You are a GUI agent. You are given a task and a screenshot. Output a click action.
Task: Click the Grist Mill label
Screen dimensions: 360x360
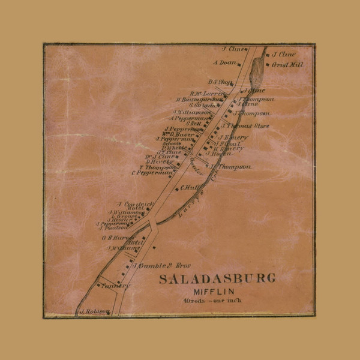[x=283, y=64]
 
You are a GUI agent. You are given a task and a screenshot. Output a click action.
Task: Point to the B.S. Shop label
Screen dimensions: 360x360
[x=220, y=82]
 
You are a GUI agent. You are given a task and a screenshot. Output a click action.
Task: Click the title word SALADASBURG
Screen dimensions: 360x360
[x=217, y=278]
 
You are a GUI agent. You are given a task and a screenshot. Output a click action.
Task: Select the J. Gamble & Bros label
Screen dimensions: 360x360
[x=158, y=265]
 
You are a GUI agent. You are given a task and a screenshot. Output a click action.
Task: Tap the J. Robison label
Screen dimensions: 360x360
[x=94, y=311]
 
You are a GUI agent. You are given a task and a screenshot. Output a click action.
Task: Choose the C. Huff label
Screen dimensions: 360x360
[x=190, y=187]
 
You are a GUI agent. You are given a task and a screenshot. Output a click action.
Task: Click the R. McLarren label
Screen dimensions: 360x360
[x=206, y=93]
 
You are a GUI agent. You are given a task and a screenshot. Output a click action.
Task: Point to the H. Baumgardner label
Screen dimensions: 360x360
[x=198, y=99]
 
